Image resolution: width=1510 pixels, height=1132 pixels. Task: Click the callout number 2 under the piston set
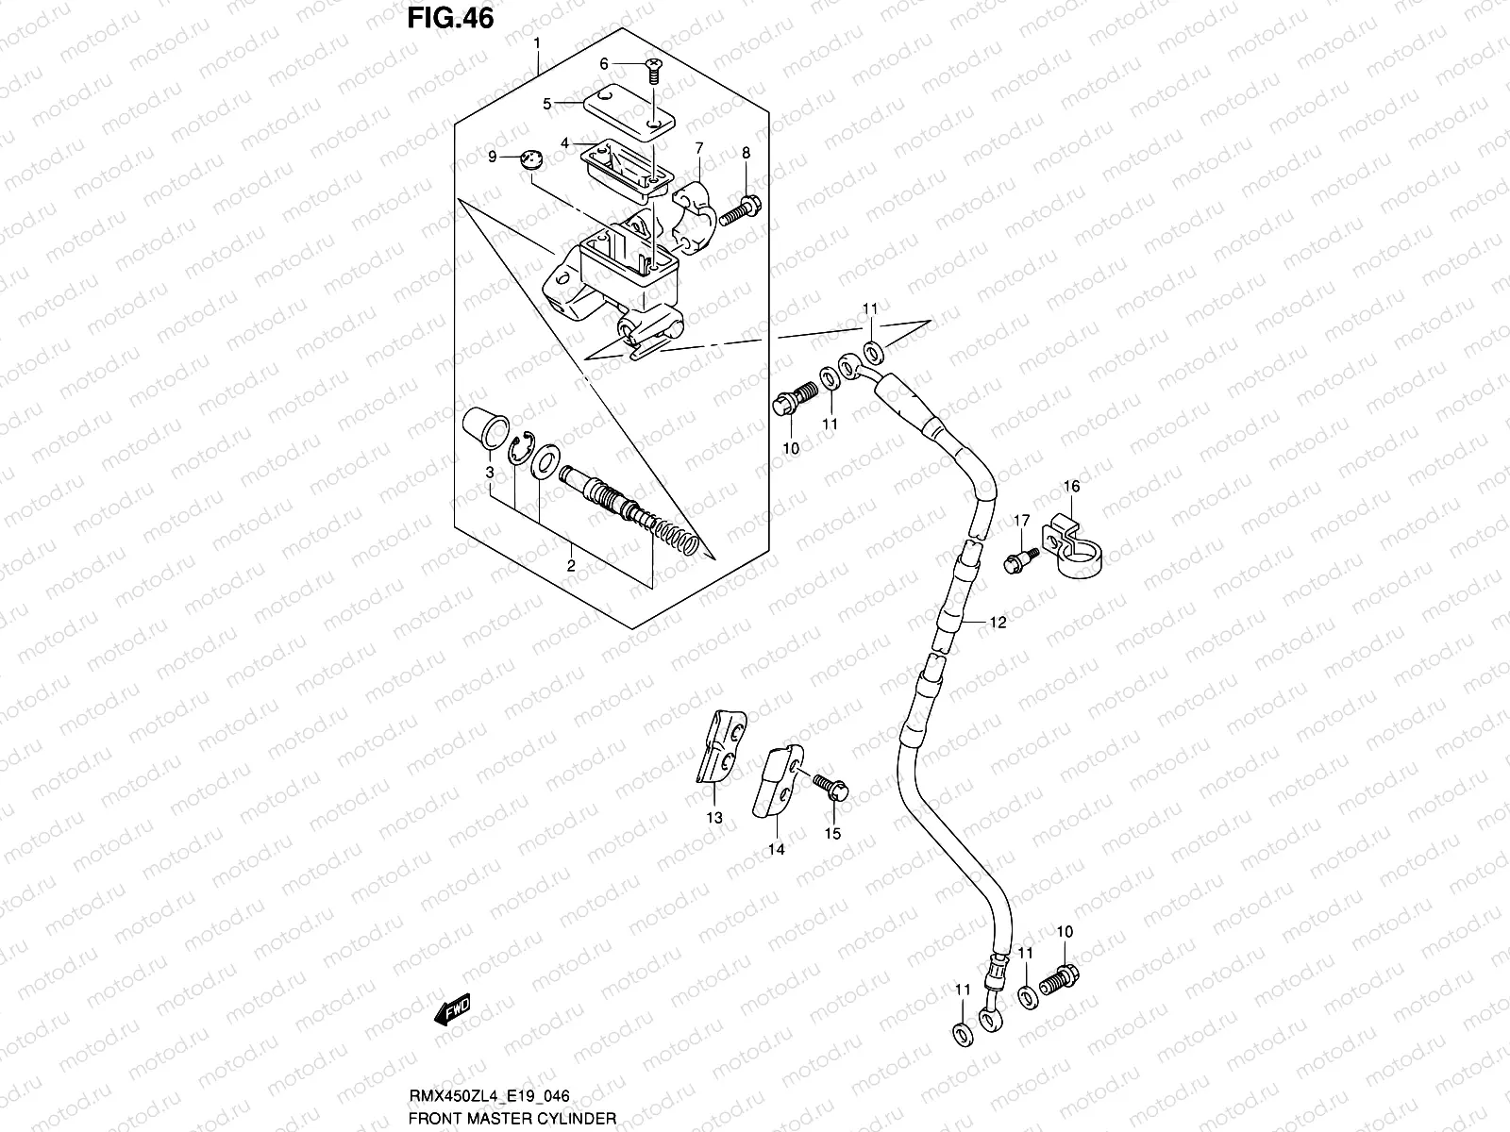point(571,566)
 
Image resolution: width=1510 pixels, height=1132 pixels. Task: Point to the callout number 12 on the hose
point(998,623)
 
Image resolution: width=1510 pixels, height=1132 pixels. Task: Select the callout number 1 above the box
point(537,44)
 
